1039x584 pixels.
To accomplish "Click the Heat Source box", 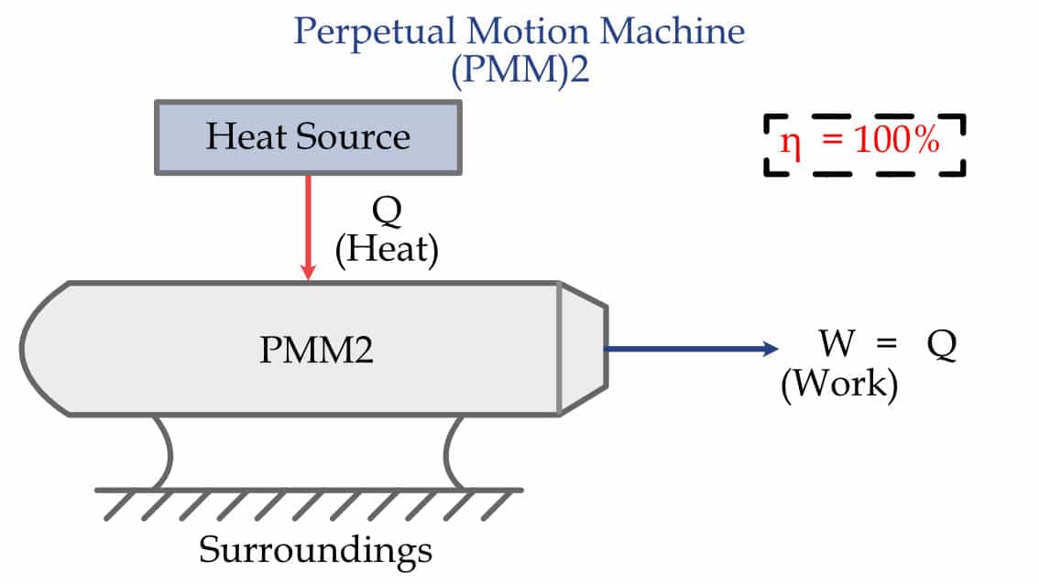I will pos(308,137).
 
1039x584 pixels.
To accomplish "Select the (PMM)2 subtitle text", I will pos(519,70).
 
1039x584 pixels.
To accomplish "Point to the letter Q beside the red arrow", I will pos(386,211).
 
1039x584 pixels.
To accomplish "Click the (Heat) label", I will pos(386,249).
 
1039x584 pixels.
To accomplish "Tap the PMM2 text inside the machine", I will pos(315,351).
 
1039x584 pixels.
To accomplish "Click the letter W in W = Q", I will pos(837,345).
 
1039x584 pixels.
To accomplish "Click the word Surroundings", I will pos(315,549).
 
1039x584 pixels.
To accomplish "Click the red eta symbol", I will pos(790,144).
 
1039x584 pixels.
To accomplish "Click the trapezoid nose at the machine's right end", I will pos(583,348).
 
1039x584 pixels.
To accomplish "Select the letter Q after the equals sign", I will pos(940,346).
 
